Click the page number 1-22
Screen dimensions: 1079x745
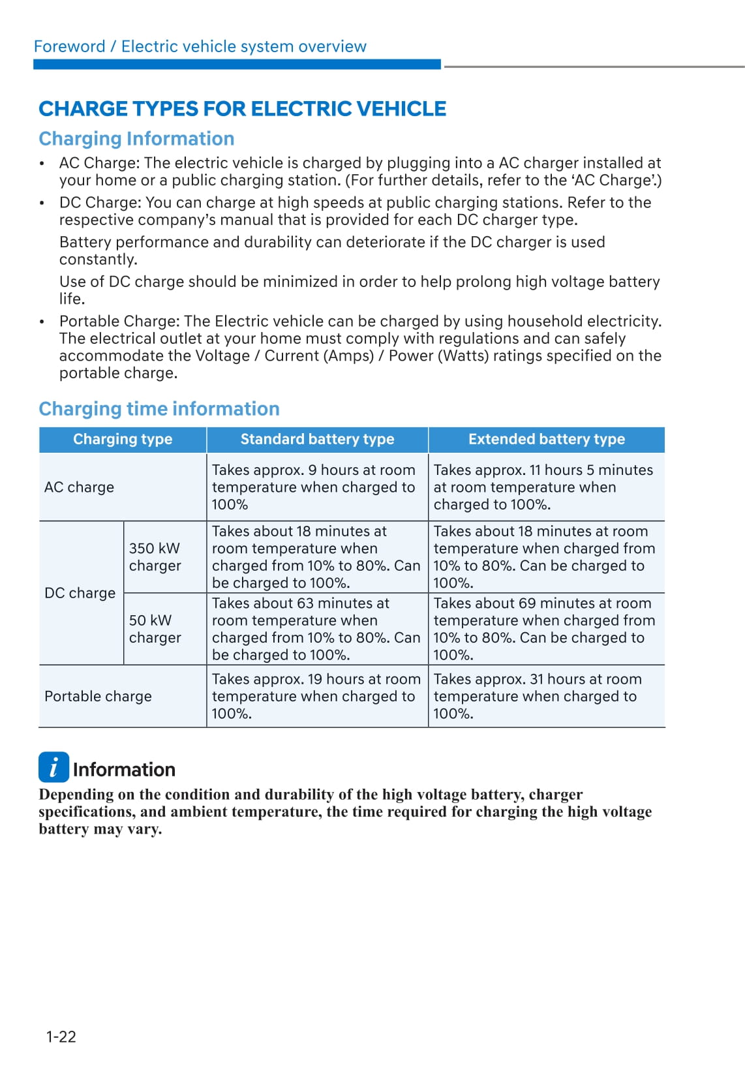[x=61, y=1037]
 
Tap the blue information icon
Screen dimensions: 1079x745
[x=53, y=767]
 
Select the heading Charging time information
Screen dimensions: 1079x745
[x=159, y=409]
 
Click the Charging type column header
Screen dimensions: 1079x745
[x=123, y=440]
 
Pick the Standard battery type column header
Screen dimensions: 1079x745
[x=317, y=440]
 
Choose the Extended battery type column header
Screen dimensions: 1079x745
[x=546, y=440]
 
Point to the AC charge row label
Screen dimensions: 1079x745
[x=79, y=487]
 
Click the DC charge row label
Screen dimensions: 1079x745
[x=80, y=593]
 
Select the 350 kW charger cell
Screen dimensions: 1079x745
[x=155, y=557]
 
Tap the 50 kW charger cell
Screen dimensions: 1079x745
[x=155, y=629]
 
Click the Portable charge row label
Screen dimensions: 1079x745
[x=98, y=697]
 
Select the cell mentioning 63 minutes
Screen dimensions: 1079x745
[x=316, y=629]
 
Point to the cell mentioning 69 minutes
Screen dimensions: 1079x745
[x=544, y=629]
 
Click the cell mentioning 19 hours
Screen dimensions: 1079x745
[x=316, y=697]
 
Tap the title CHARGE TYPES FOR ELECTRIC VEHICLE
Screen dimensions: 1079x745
[x=243, y=109]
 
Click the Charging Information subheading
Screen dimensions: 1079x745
[x=136, y=139]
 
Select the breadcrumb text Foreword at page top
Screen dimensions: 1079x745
[x=69, y=47]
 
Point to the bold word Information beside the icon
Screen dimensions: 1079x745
[x=124, y=770]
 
